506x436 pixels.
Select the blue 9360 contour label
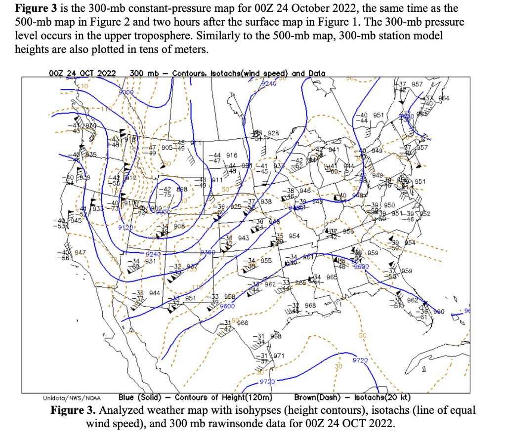tap(208, 252)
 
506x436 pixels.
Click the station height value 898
tap(182, 189)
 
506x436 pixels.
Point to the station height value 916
tap(232, 155)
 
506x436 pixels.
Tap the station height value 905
tap(167, 147)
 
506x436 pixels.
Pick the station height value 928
tap(273, 133)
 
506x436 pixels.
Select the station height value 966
tap(243, 323)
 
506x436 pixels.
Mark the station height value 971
tap(278, 356)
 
